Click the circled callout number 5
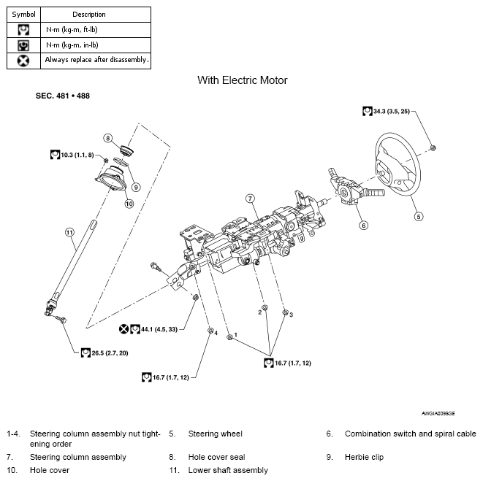(x=418, y=215)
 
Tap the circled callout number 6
(x=363, y=225)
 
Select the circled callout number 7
(x=249, y=199)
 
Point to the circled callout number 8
(x=107, y=137)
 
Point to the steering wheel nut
(x=433, y=147)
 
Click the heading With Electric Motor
(x=242, y=80)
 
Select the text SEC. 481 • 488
(x=63, y=96)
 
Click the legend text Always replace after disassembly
(x=96, y=60)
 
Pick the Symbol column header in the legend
(x=24, y=14)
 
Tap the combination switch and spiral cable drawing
(x=354, y=192)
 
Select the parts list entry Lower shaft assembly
(x=228, y=470)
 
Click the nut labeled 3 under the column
(x=284, y=312)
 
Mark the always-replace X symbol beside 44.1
(x=124, y=329)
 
